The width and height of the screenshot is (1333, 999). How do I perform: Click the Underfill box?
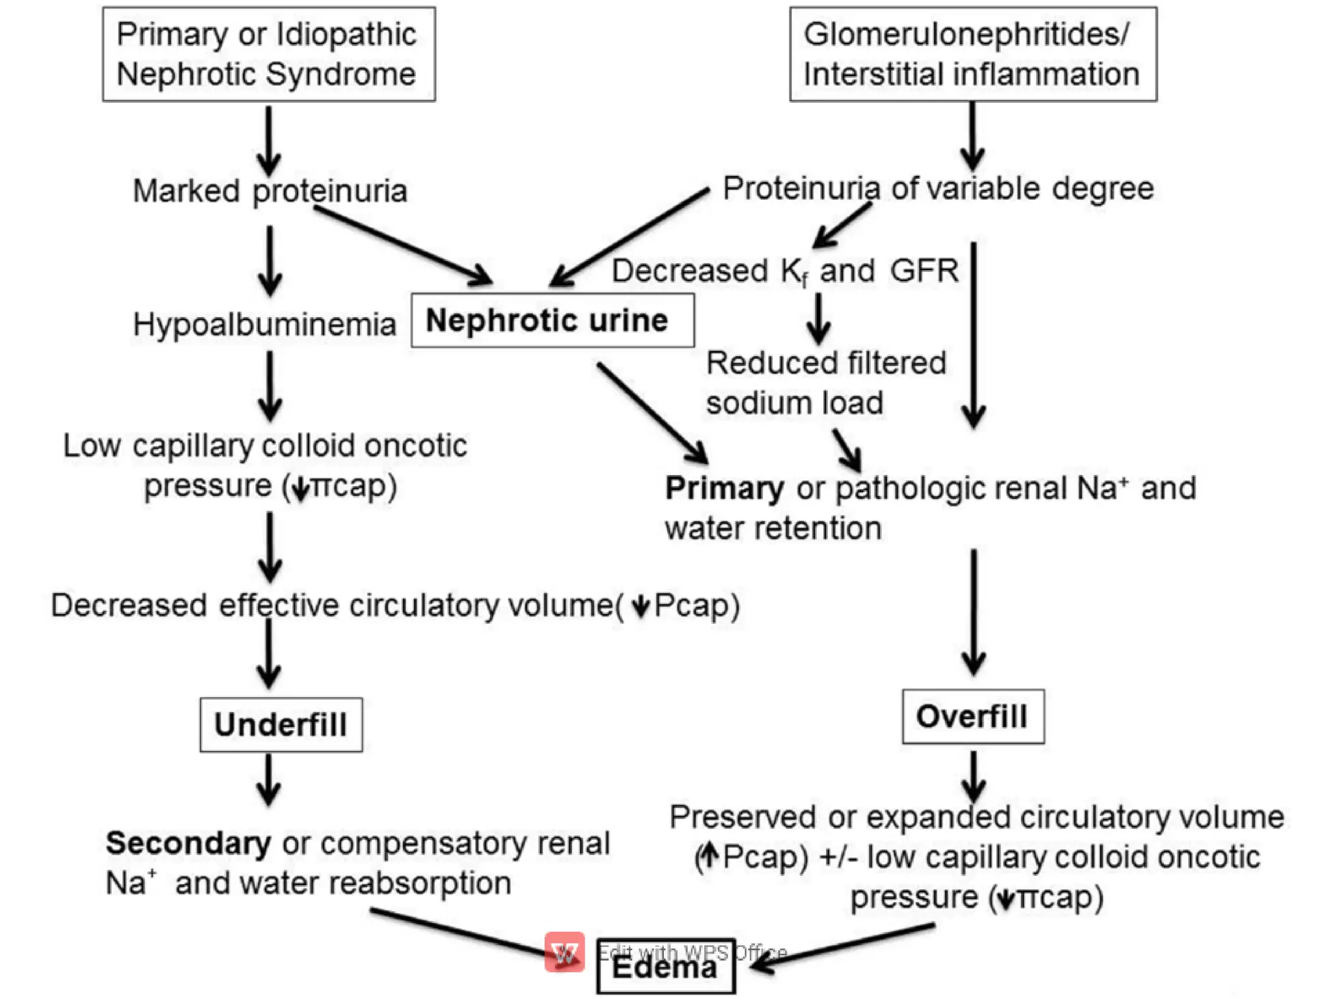click(281, 724)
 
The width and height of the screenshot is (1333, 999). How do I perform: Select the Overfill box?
click(972, 716)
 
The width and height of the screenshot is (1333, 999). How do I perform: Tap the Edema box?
click(665, 968)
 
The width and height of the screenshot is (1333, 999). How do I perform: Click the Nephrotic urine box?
click(552, 320)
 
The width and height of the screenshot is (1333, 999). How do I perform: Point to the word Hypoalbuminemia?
click(264, 324)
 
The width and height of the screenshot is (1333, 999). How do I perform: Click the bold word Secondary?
click(189, 843)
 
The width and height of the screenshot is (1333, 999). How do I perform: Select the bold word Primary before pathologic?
click(724, 488)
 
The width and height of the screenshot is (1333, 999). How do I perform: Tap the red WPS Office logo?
click(564, 951)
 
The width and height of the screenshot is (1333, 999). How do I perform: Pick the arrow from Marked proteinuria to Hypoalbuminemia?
click(269, 260)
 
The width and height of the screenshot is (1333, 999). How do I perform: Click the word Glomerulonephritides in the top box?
click(966, 34)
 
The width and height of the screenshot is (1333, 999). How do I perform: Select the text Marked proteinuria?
click(270, 191)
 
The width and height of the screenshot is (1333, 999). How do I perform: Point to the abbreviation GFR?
click(924, 271)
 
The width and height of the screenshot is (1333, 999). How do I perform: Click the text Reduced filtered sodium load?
click(825, 383)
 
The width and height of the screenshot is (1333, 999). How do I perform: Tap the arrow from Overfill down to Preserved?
click(973, 776)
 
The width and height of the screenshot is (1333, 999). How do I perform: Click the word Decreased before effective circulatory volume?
click(129, 605)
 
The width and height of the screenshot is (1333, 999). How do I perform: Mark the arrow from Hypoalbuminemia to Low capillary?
click(269, 386)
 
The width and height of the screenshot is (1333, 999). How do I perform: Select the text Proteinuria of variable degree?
click(938, 189)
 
